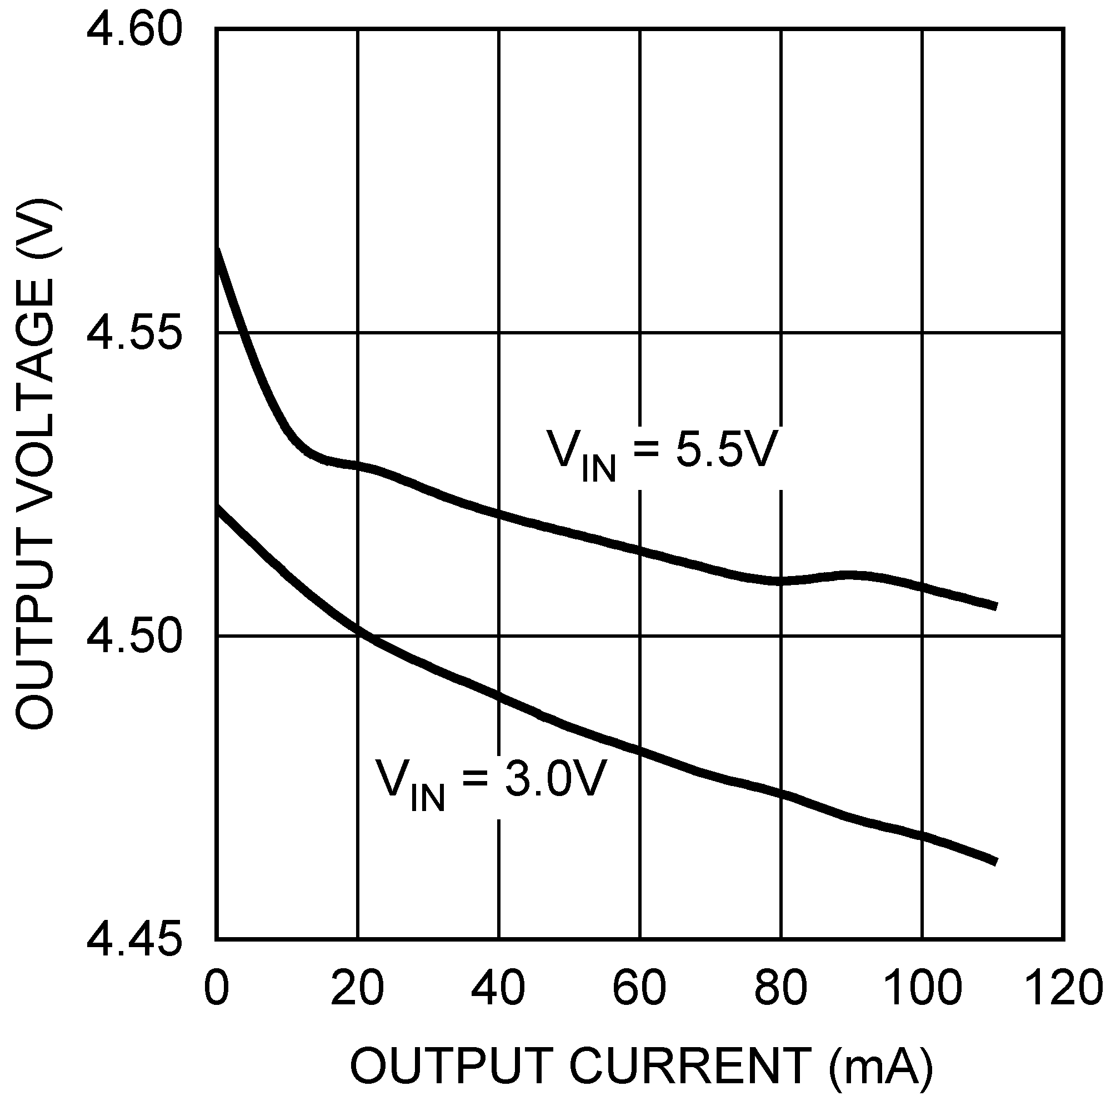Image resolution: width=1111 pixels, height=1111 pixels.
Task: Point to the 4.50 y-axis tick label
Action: tap(133, 637)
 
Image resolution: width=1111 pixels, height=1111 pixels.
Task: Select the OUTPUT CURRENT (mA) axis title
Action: tap(640, 1065)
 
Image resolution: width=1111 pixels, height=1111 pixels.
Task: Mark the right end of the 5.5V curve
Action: tap(995, 606)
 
